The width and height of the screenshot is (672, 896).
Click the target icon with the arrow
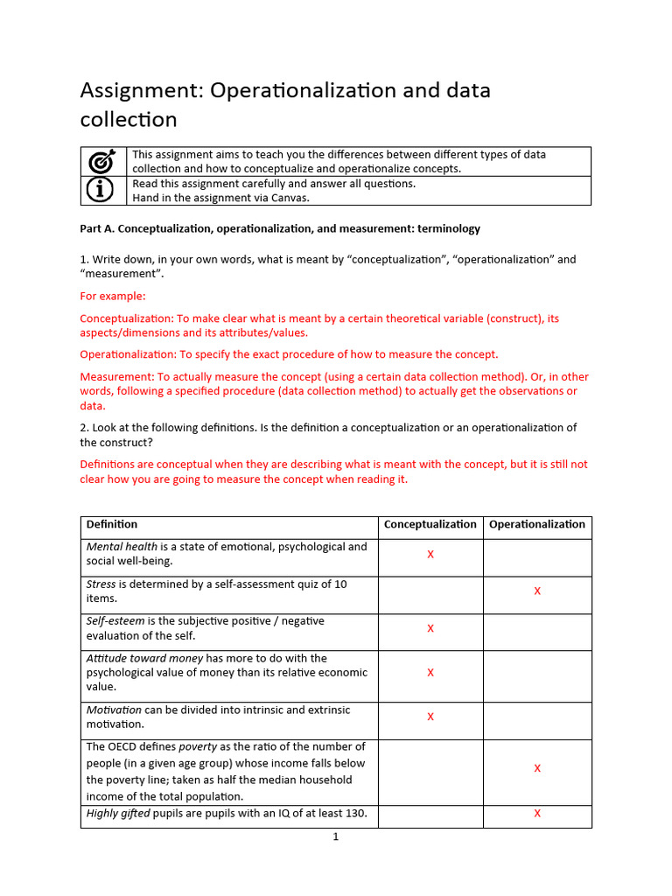coord(103,162)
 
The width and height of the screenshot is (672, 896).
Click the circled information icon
coord(103,190)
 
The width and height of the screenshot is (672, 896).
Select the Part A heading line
coord(280,228)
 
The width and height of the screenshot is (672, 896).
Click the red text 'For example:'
coord(113,296)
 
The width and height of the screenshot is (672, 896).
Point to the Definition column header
coord(112,524)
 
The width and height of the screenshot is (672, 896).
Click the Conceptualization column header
coord(430,524)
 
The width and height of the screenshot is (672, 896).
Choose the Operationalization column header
coord(537,524)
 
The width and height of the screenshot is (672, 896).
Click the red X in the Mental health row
coord(430,555)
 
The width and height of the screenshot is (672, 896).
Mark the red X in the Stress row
coord(537,591)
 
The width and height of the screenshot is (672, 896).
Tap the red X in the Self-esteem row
coord(430,628)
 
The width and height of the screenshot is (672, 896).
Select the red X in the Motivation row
coord(430,717)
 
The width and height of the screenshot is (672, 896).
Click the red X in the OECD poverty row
coord(537,768)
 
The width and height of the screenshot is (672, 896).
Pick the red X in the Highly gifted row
coord(537,814)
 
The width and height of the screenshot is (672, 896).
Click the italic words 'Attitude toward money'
coord(145,658)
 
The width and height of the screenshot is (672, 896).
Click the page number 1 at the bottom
coord(335,836)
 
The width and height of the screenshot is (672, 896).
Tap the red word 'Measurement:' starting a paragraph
coord(117,377)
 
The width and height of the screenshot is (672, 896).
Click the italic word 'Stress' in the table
coord(101,584)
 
